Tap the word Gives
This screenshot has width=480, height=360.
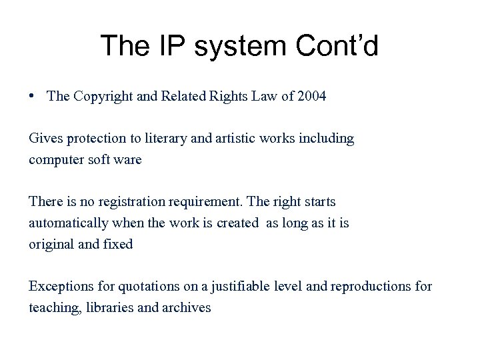(x=43, y=139)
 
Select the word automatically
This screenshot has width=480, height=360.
(x=65, y=223)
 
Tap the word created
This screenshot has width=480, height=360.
(x=237, y=223)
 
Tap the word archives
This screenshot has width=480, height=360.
(x=187, y=307)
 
